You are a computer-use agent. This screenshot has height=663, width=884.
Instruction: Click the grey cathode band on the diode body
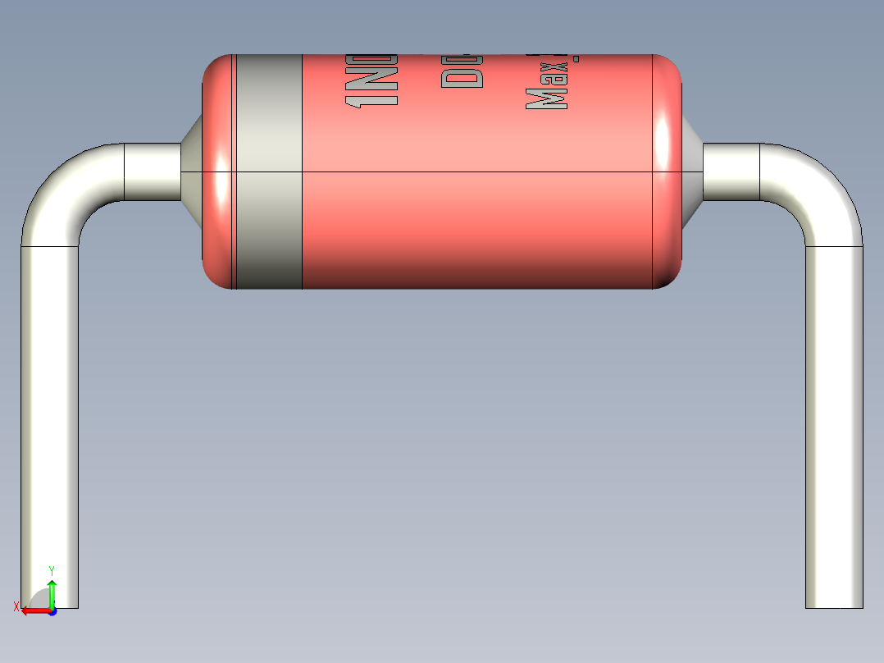[x=269, y=172]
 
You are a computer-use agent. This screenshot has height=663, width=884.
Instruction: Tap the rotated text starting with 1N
[x=371, y=80]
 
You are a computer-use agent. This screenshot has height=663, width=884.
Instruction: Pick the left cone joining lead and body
[x=192, y=171]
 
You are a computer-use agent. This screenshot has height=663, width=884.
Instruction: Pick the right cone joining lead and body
[x=692, y=171]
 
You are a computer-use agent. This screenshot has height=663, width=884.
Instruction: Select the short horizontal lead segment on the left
[x=152, y=172]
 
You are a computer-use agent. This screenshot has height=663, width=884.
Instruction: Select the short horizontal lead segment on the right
[x=731, y=172]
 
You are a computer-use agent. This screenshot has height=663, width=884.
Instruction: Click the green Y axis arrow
[x=52, y=592]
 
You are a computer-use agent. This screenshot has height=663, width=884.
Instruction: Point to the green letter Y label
[x=52, y=570]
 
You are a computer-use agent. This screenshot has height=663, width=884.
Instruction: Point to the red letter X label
[x=16, y=607]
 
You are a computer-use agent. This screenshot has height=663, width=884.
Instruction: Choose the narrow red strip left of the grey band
[x=218, y=172]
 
